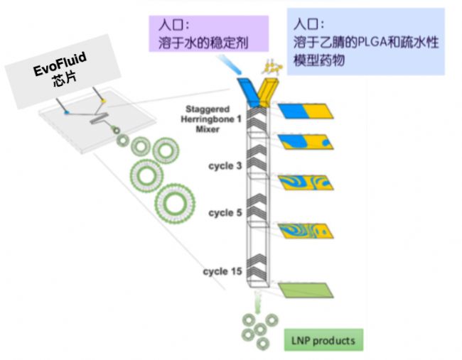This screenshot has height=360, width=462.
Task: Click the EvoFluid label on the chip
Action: click(60, 69)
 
